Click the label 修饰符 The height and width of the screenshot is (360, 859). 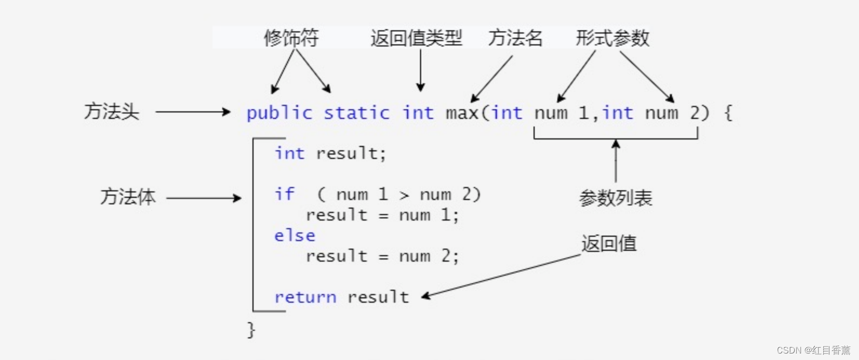point(291,38)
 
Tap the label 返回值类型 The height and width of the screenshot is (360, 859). point(416,38)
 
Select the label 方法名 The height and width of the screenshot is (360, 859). point(515,38)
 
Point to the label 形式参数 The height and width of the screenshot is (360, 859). point(612,38)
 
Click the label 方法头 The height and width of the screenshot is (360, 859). point(112,112)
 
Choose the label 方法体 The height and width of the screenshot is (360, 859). point(128,197)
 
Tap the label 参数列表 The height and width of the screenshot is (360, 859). point(615,198)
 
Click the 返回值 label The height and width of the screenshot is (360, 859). point(609,244)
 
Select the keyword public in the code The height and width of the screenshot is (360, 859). point(279,113)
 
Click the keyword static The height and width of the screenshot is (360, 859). point(356,113)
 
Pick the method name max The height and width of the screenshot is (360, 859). point(462,113)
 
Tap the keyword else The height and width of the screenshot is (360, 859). point(295,236)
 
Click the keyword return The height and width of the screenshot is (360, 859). point(305,297)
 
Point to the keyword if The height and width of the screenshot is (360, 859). point(284,194)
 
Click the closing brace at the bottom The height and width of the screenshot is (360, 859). point(251,329)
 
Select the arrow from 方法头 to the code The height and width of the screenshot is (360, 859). point(193,112)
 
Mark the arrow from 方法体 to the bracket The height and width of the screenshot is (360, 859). point(204,198)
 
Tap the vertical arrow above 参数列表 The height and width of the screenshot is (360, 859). point(616,161)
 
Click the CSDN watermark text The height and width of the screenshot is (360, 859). point(813,350)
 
